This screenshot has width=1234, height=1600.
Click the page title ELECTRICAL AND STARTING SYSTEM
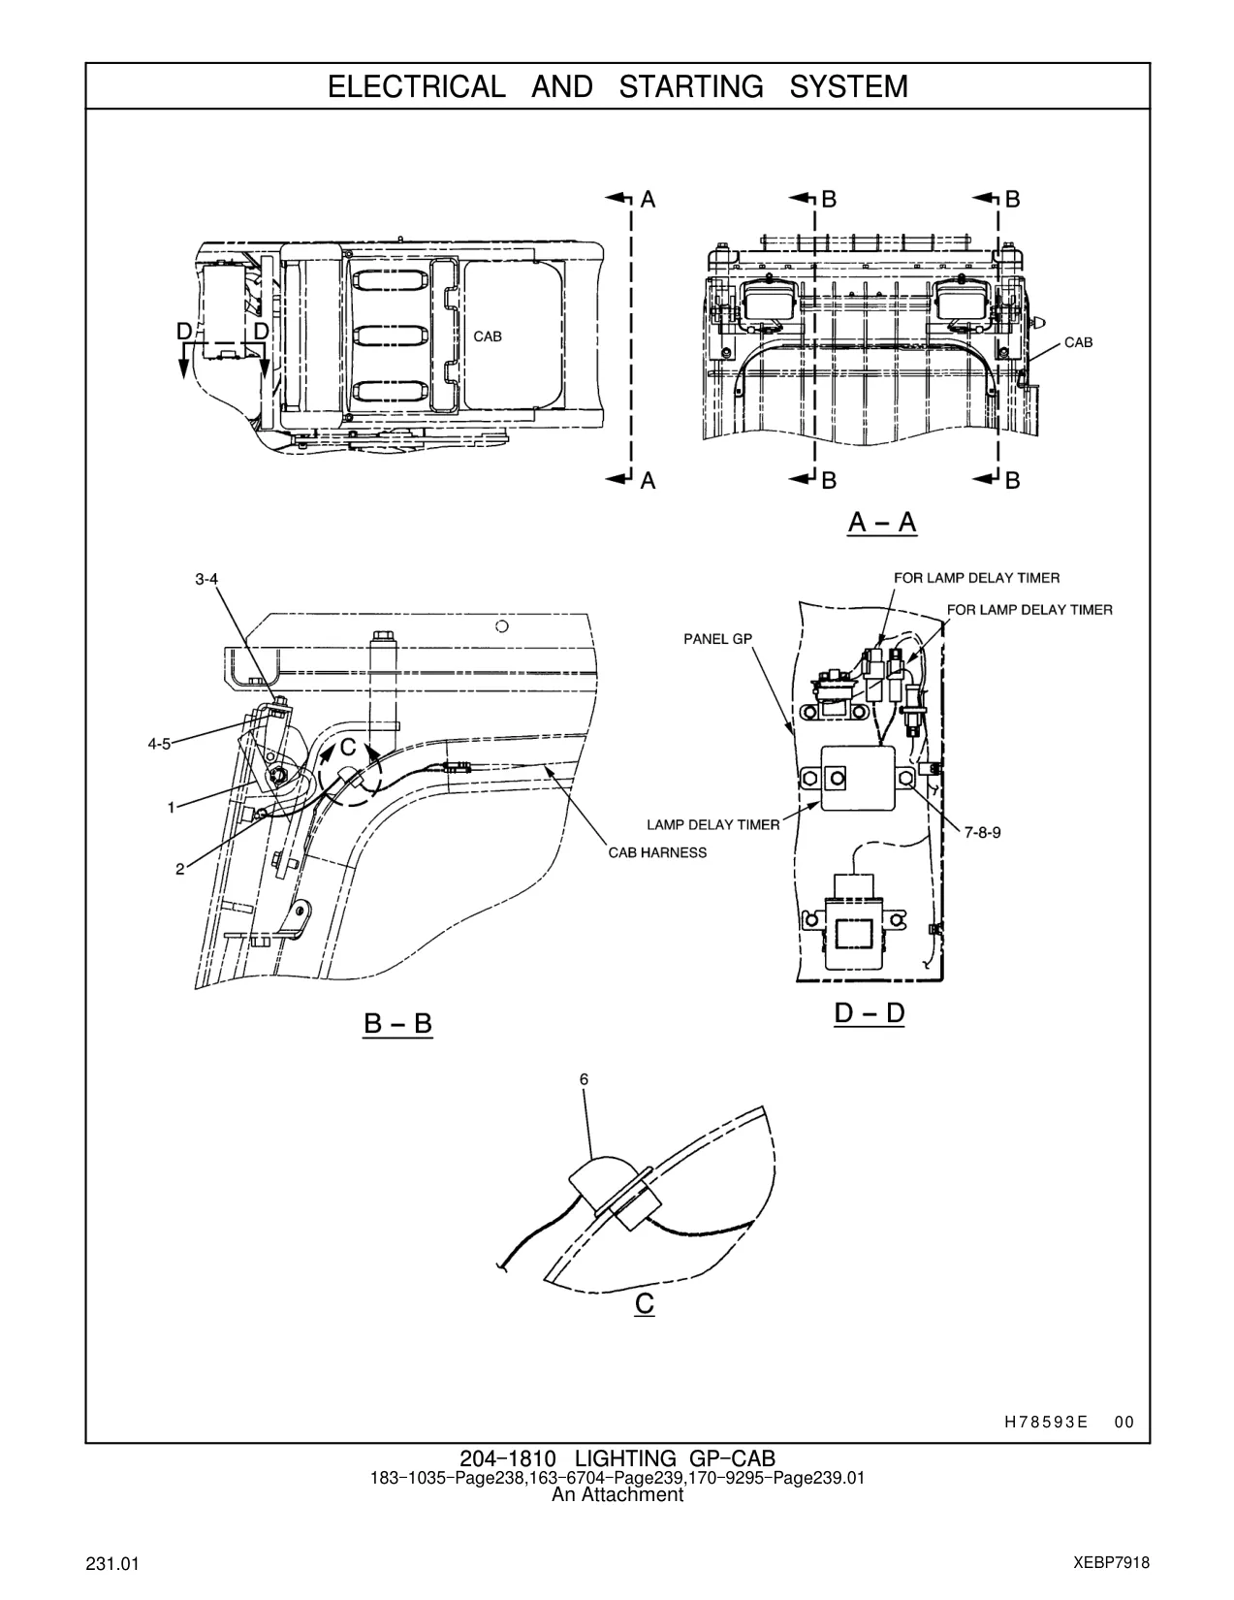617,87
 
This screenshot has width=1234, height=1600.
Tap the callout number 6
584,1079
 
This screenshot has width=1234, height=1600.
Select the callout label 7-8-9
982,833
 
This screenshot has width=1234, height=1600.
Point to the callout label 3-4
206,580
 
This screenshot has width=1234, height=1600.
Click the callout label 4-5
159,745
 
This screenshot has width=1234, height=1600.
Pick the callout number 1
171,808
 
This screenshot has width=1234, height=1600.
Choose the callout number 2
179,870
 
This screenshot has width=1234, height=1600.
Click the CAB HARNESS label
657,852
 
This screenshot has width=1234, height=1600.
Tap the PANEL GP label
718,639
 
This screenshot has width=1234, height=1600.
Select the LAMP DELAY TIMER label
713,824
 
